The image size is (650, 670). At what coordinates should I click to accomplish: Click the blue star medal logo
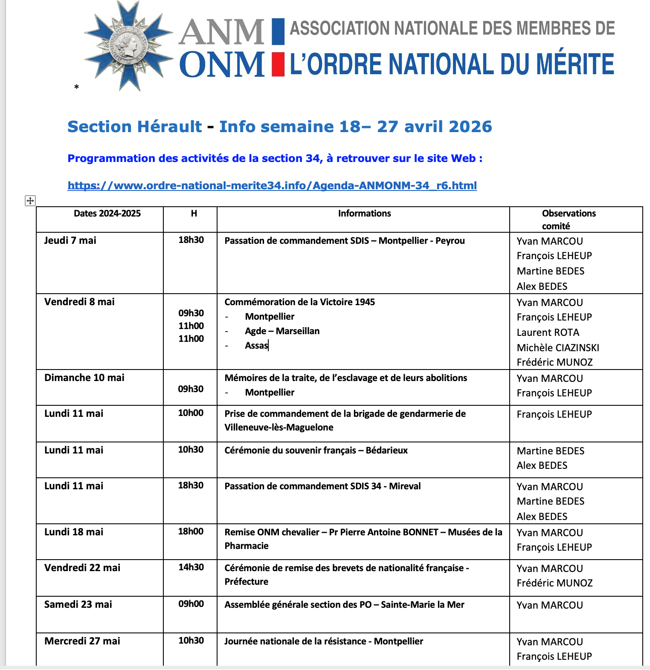[128, 46]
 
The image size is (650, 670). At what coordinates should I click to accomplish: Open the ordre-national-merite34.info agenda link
[272, 185]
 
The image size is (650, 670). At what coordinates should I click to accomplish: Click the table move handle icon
[30, 201]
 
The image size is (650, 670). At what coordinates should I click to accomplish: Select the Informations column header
[364, 214]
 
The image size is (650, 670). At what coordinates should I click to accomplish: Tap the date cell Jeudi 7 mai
[70, 240]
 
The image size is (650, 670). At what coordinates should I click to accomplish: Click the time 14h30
[191, 567]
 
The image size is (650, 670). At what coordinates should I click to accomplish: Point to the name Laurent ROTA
[548, 332]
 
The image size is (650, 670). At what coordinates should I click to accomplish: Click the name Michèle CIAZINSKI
[558, 348]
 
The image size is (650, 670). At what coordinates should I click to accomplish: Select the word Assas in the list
[256, 346]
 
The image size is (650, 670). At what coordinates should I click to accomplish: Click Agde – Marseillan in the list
[282, 331]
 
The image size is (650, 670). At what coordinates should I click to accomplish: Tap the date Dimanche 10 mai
[84, 378]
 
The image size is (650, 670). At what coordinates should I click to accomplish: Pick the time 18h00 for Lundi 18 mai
[191, 531]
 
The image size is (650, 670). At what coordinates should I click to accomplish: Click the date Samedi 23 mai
[78, 604]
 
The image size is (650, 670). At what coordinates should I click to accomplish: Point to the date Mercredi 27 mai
[82, 641]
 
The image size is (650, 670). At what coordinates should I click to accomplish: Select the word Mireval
[405, 486]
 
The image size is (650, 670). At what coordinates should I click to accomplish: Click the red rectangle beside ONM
[278, 64]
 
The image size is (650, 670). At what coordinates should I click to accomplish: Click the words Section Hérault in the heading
[134, 127]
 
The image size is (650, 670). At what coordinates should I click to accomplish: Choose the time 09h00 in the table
[191, 604]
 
